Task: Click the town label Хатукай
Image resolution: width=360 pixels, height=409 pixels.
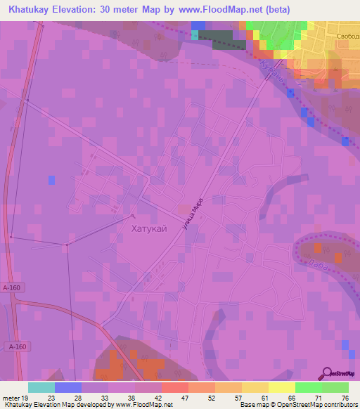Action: [x=149, y=228]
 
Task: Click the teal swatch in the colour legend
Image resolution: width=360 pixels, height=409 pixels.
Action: [x=41, y=387]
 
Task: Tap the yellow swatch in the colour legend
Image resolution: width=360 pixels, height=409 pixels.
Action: [x=281, y=387]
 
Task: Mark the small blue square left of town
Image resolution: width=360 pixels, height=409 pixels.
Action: [x=51, y=181]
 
